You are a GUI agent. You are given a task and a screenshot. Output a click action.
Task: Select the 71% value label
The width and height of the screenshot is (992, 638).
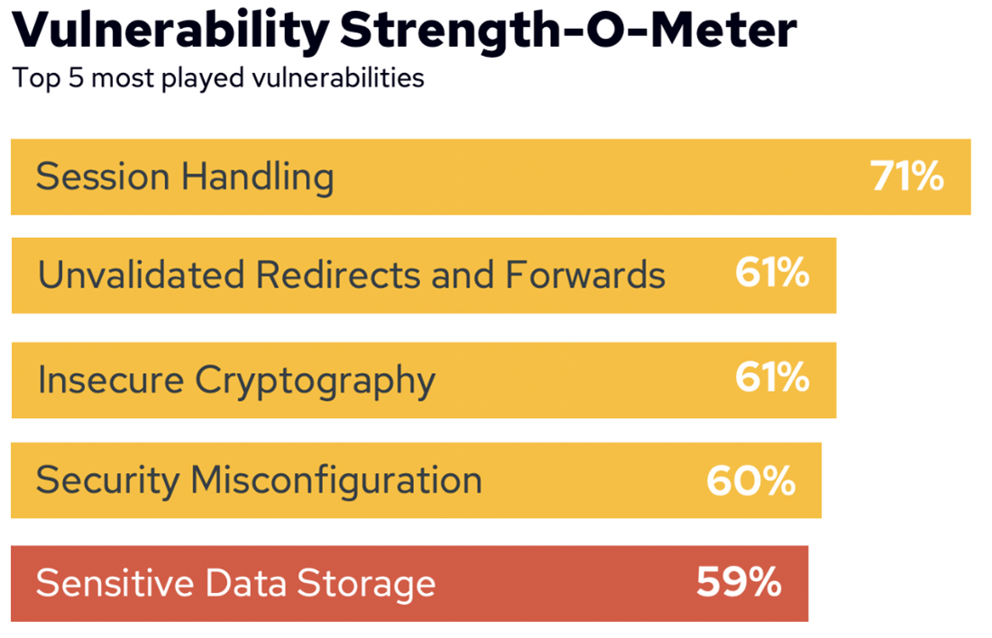pyautogui.click(x=906, y=177)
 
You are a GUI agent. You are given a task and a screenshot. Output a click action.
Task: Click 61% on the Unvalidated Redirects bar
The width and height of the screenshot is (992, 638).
pyautogui.click(x=772, y=274)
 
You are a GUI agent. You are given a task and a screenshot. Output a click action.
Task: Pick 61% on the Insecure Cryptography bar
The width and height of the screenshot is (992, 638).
pyautogui.click(x=772, y=379)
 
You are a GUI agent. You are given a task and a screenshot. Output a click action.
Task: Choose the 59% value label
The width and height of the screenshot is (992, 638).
pyautogui.click(x=739, y=583)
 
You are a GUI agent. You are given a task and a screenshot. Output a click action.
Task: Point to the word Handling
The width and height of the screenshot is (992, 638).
pyautogui.click(x=257, y=178)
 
